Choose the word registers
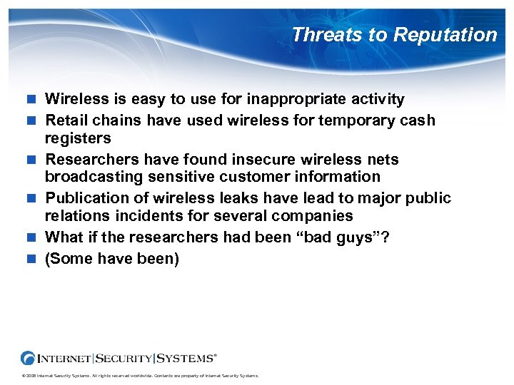point(78,138)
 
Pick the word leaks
point(230,197)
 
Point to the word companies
point(318,215)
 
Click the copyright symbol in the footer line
point(24,376)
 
